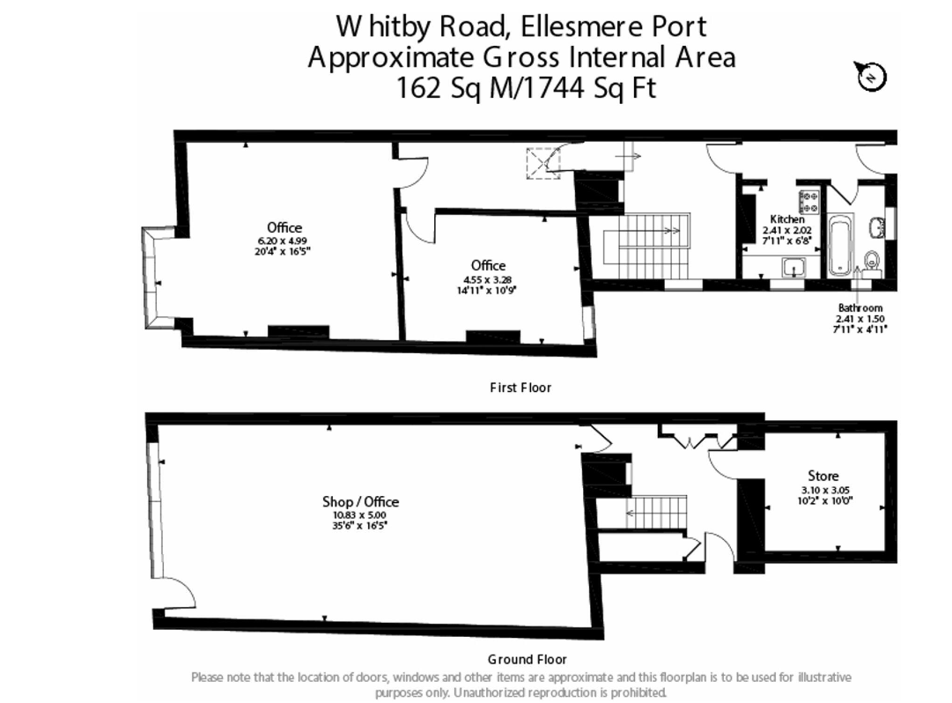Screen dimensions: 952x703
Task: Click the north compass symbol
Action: (871, 77)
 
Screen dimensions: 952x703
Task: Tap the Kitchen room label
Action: (786, 219)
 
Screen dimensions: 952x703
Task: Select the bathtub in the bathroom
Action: (841, 245)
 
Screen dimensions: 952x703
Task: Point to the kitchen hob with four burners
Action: (808, 202)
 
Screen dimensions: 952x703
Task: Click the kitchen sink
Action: (793, 267)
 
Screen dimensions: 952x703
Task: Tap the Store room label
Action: (823, 476)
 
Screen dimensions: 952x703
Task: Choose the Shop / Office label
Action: (360, 501)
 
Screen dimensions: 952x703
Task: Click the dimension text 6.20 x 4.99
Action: (283, 240)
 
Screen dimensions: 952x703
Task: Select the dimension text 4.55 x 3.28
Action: (487, 280)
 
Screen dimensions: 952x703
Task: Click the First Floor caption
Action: (520, 388)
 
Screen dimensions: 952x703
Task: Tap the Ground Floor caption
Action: (527, 659)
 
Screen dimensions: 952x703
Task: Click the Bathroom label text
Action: (860, 307)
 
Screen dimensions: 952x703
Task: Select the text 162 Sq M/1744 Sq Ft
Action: (526, 87)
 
